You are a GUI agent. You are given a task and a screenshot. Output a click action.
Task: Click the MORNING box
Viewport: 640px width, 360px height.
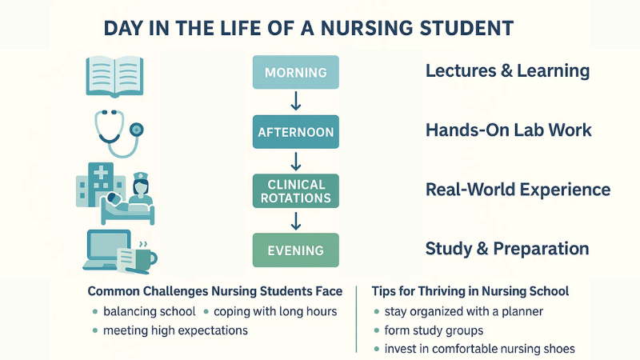296,73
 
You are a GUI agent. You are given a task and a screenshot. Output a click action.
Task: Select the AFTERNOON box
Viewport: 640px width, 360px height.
296,131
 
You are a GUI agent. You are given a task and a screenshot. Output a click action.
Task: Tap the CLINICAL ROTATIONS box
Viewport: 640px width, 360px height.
296,190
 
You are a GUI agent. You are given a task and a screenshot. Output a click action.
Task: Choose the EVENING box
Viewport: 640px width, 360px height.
296,250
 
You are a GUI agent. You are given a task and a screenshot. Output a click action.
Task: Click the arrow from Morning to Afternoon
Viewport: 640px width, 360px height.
296,102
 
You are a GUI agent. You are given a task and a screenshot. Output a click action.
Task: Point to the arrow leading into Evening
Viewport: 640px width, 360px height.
296,220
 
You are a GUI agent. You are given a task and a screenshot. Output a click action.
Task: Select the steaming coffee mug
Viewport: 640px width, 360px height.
145,256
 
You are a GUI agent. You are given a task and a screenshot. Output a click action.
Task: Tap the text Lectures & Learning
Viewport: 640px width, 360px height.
507,71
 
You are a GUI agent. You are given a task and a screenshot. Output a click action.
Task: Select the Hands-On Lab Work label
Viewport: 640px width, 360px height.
508,130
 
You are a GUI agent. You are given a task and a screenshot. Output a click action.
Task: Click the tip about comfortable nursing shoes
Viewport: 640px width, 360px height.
479,349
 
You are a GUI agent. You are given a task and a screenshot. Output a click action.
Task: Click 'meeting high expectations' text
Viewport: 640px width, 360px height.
175,330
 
